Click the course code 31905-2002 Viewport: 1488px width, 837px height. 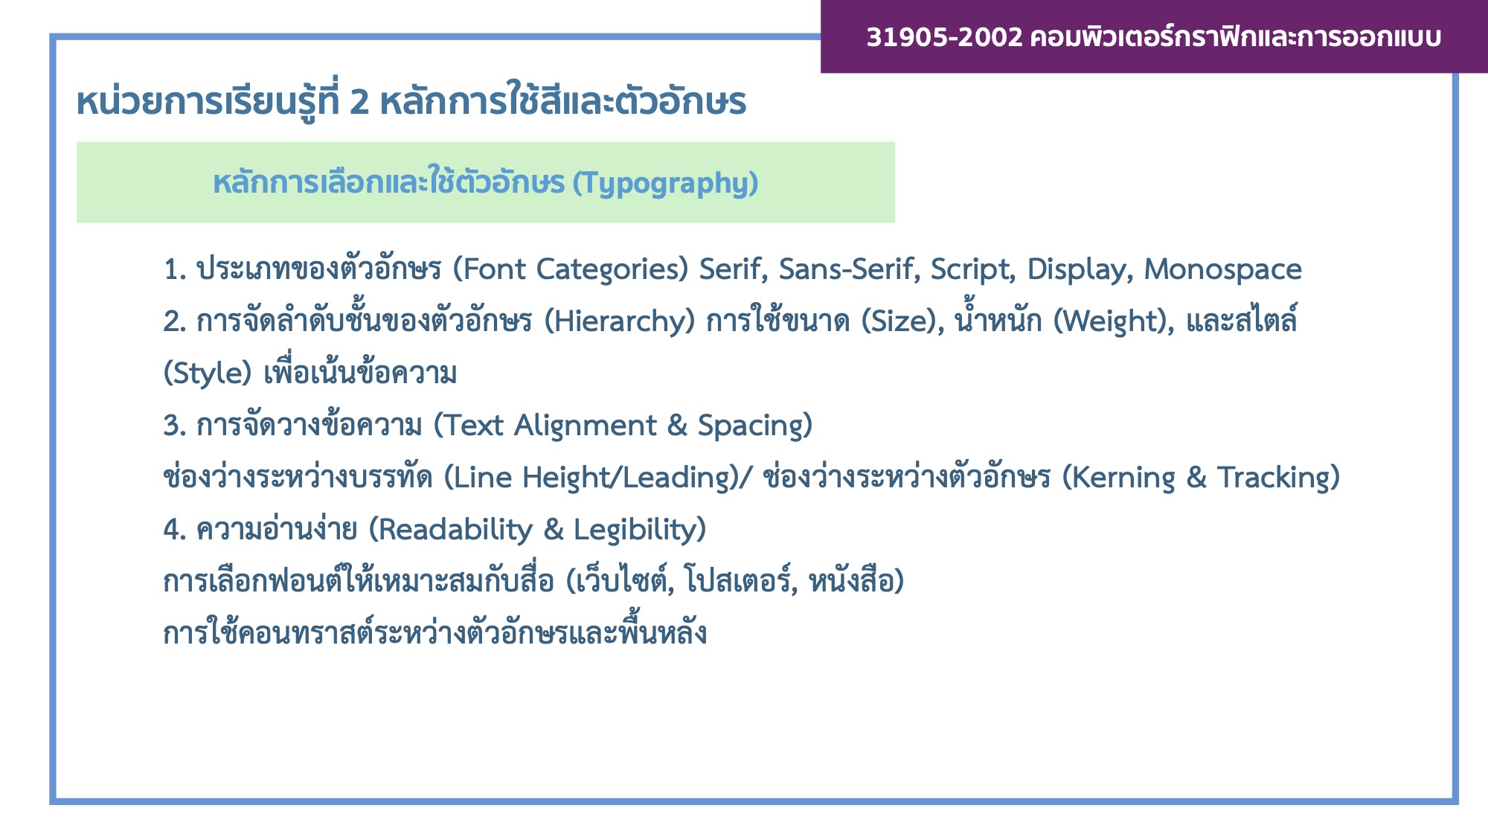(944, 36)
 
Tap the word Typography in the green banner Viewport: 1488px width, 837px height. (665, 184)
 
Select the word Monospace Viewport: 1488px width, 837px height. (1222, 270)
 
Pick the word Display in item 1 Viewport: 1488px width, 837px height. (1079, 270)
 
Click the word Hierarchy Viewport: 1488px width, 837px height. (620, 322)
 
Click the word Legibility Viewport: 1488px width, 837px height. (635, 530)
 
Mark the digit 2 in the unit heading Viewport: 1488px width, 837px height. (359, 102)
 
